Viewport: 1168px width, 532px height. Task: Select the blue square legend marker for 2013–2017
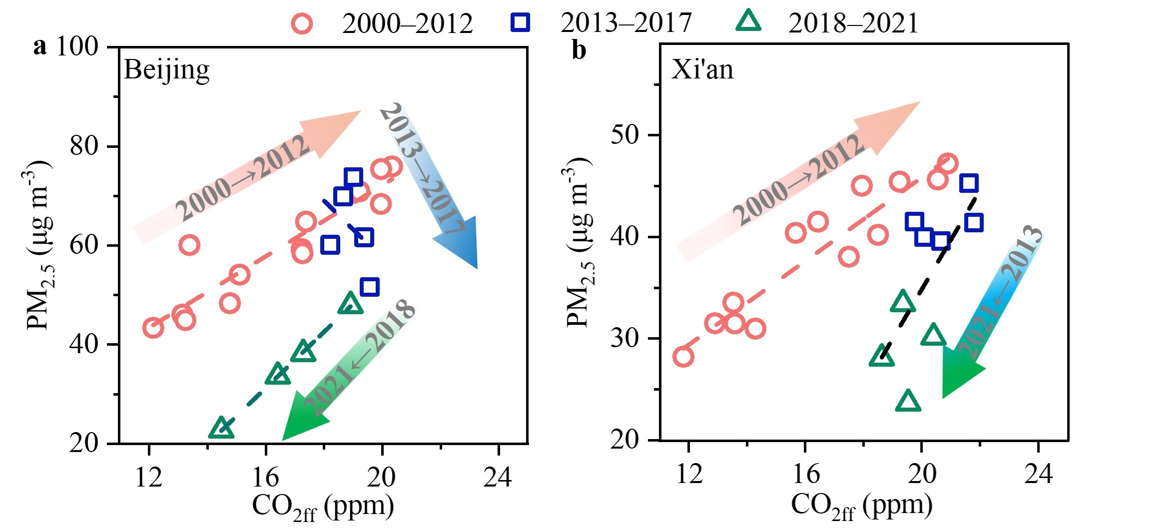click(x=520, y=22)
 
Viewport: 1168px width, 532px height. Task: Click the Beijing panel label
click(x=166, y=70)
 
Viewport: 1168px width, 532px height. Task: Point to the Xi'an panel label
click(x=702, y=69)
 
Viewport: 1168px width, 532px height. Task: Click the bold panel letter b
click(x=579, y=50)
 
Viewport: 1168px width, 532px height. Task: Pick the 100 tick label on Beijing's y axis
click(x=77, y=46)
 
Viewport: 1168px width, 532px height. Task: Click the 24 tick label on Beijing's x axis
click(x=498, y=477)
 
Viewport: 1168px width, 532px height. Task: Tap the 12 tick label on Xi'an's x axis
click(x=689, y=474)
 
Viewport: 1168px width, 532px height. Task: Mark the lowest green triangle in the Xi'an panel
click(x=908, y=401)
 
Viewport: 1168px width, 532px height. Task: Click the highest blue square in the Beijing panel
click(x=353, y=177)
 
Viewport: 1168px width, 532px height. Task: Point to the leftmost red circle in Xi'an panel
click(x=683, y=357)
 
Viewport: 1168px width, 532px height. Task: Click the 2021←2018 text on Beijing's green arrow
click(x=359, y=357)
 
